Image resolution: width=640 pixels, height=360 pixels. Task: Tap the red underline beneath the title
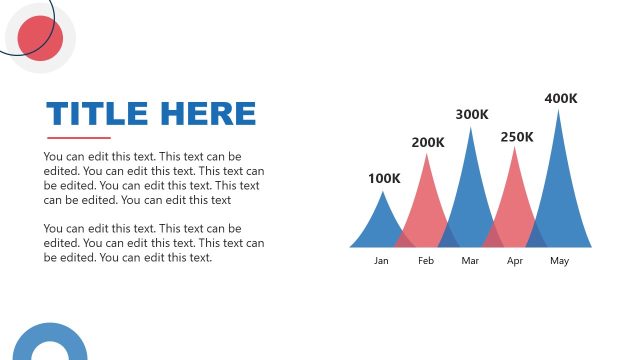pos(79,138)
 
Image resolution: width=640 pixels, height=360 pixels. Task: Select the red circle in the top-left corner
pos(40,38)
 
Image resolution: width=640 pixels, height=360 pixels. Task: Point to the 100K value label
pos(384,179)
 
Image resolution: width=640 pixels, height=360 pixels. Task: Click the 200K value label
pos(428,143)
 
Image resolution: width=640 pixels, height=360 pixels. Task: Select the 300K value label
pos(472,115)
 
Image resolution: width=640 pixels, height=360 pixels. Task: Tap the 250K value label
pos(517,137)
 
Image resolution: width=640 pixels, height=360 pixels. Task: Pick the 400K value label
pos(561,98)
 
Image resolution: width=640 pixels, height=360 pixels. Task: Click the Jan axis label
pos(381,261)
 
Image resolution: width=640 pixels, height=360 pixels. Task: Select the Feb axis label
pos(426,261)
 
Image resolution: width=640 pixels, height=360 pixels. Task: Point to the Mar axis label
pos(471,261)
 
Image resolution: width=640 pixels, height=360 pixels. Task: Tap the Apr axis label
pos(515,261)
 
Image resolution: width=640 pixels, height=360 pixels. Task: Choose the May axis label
pos(559,261)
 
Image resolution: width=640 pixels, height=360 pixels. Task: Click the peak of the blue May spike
pos(559,110)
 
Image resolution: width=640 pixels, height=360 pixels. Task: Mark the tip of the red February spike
pos(427,154)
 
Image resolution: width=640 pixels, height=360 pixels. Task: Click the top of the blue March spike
pos(471,127)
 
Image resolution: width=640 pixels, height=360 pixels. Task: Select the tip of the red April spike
pos(515,148)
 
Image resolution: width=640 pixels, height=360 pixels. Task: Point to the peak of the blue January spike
pos(382,192)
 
